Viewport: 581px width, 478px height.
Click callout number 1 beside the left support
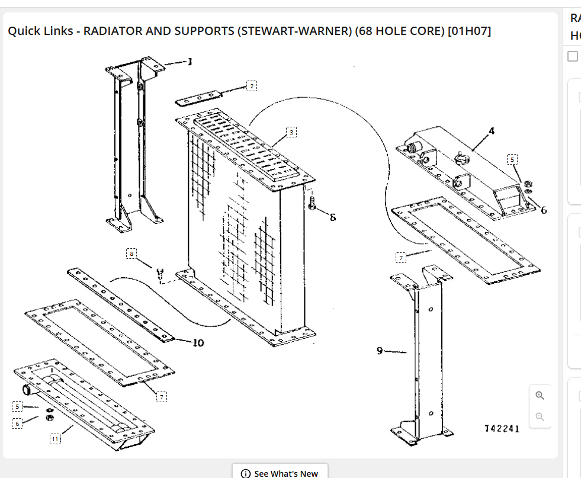click(190, 61)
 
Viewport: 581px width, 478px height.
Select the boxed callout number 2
click(252, 86)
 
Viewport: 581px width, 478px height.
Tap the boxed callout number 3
click(291, 132)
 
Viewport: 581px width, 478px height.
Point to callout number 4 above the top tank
click(492, 130)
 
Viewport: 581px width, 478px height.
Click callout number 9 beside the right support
click(380, 351)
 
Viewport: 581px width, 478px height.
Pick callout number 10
click(198, 342)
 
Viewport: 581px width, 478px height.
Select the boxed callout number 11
click(54, 439)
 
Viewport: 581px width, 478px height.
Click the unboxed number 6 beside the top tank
click(544, 210)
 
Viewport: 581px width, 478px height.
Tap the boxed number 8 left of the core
click(131, 254)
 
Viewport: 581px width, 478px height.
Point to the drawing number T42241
click(502, 429)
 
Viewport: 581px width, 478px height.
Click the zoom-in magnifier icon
click(540, 396)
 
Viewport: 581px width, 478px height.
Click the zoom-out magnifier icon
click(540, 416)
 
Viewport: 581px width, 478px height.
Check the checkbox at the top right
click(573, 56)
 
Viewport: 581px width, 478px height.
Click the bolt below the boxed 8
click(159, 274)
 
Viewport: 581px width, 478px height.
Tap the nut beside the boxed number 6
click(50, 418)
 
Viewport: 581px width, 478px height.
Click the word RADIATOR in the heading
click(112, 31)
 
